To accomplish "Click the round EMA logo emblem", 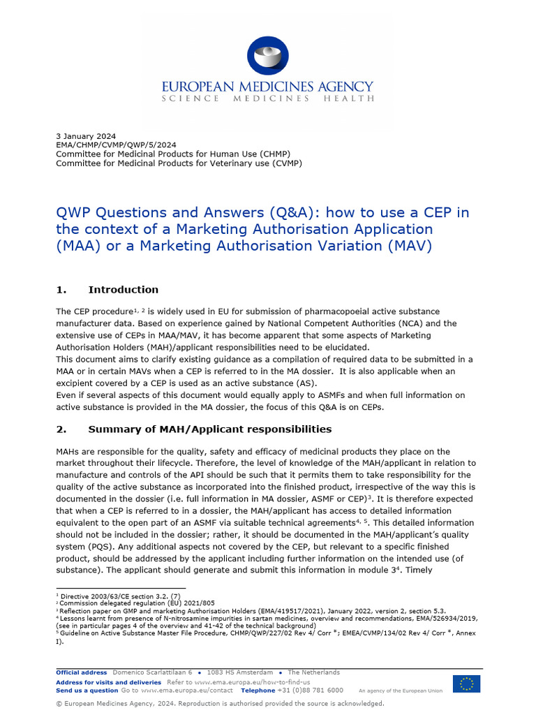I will pyautogui.click(x=267, y=56).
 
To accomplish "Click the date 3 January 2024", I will pyautogui.click(x=86, y=136).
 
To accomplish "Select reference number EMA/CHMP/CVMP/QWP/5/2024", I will pyautogui.click(x=111, y=145).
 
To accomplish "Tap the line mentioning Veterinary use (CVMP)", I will pyautogui.click(x=179, y=163).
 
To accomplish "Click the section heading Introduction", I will pyautogui.click(x=123, y=290).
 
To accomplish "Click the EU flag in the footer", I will pyautogui.click(x=466, y=684).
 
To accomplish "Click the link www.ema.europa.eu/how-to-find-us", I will pyautogui.click(x=253, y=681).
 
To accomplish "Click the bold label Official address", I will pyautogui.click(x=82, y=672).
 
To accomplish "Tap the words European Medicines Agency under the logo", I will pyautogui.click(x=268, y=87).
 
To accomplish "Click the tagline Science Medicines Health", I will pyautogui.click(x=268, y=99).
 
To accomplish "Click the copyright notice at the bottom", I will pyautogui.click(x=220, y=704).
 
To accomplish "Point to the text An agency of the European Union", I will pyautogui.click(x=400, y=691).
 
